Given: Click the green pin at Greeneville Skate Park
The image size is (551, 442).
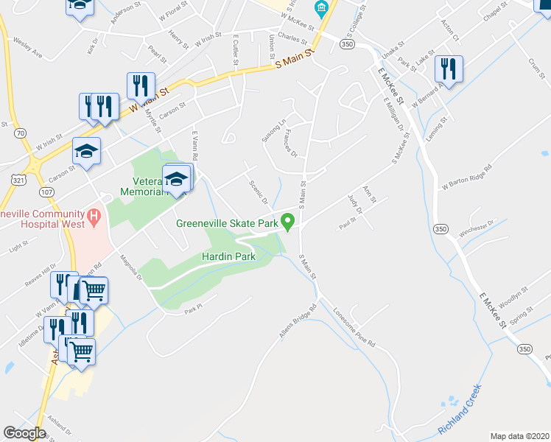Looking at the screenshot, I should [289, 221].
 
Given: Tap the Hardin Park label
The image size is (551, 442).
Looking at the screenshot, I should [228, 256].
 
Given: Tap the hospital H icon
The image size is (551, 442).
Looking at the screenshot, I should [94, 217].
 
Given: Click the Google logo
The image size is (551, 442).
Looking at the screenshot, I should [24, 433].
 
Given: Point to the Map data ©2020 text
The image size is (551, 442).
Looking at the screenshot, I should [520, 435].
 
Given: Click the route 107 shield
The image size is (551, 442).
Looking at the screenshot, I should [47, 192].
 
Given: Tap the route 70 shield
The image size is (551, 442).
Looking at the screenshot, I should [20, 133].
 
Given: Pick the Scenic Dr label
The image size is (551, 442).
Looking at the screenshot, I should [258, 192].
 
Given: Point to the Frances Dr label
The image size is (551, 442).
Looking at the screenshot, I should [289, 144].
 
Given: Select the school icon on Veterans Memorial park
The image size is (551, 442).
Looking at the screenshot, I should [176, 179].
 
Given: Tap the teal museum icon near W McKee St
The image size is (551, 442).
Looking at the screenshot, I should [320, 9].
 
